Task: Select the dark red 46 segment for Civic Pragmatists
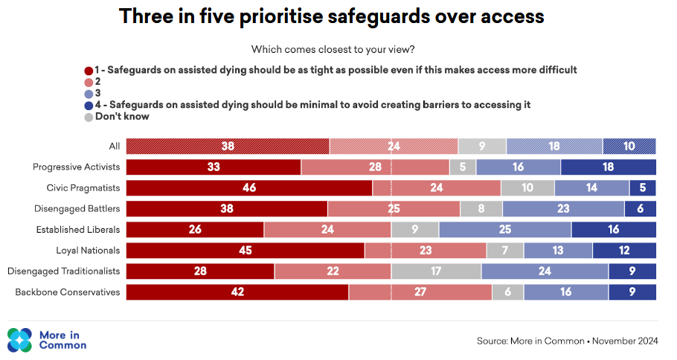click(x=249, y=187)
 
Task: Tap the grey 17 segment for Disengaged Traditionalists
click(x=436, y=271)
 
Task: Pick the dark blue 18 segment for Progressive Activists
click(x=608, y=167)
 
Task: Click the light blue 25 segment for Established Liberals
click(x=505, y=229)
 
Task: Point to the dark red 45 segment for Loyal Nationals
click(x=246, y=250)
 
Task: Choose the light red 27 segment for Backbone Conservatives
click(x=420, y=292)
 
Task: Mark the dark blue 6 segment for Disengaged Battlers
click(x=640, y=208)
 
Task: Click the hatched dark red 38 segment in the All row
click(x=228, y=146)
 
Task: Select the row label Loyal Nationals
click(x=88, y=250)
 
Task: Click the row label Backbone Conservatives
click(x=68, y=292)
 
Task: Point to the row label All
click(x=114, y=146)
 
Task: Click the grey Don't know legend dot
click(x=89, y=117)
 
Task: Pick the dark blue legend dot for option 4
click(x=89, y=105)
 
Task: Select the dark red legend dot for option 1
click(x=89, y=69)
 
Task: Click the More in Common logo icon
click(x=20, y=340)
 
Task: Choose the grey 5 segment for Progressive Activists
click(x=463, y=167)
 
